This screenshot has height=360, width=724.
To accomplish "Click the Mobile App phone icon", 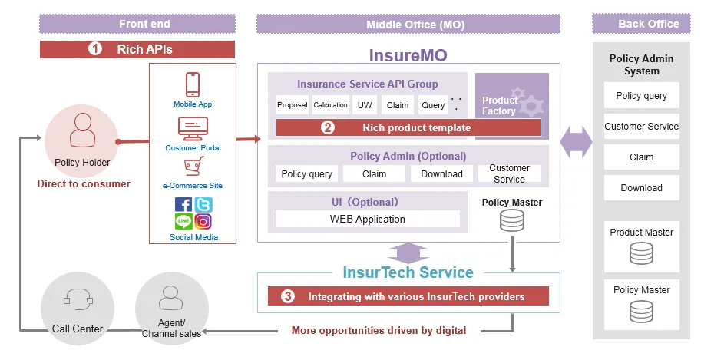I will (193, 84).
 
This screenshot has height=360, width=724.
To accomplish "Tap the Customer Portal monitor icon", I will (193, 127).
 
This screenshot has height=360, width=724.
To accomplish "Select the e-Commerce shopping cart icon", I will (193, 166).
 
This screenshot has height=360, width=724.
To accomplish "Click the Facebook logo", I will (183, 205).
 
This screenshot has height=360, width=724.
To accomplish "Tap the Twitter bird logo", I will (203, 205).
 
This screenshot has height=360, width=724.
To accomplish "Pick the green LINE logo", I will (183, 222).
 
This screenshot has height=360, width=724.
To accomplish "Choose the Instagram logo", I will (203, 222).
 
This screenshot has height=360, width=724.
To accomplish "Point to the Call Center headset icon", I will (77, 299).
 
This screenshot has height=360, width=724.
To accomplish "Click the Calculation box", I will (330, 105).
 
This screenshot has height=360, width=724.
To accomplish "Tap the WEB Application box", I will (367, 220).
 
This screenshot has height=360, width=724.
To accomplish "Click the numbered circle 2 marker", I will (328, 128).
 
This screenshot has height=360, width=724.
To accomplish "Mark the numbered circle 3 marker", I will (288, 296).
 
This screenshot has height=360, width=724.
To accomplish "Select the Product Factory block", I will (511, 106).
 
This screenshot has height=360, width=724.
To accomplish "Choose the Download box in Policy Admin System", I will (641, 188).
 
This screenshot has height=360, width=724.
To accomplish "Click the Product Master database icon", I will (641, 254).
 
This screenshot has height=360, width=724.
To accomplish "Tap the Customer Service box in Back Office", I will (641, 127).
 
